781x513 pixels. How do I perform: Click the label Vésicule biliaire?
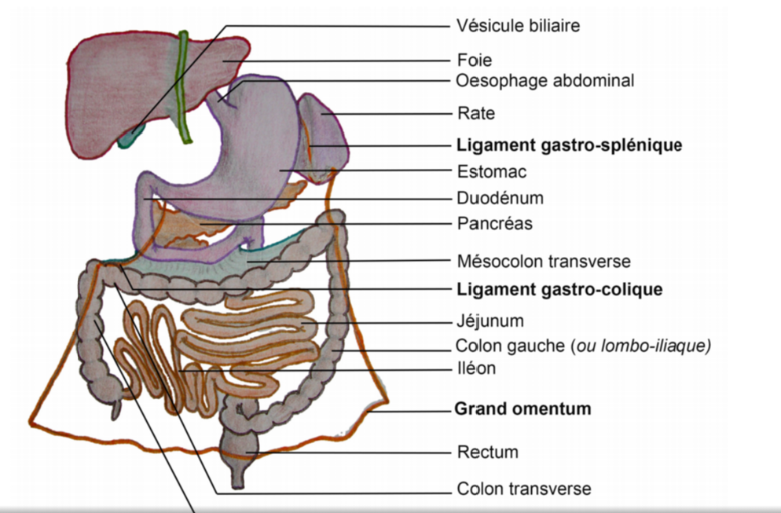(x=518, y=26)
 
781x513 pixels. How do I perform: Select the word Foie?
(x=475, y=59)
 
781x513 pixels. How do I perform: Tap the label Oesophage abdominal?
(x=544, y=80)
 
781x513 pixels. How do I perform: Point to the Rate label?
(x=476, y=113)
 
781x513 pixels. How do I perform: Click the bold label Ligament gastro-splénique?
(x=569, y=145)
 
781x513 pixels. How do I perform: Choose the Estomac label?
(x=491, y=171)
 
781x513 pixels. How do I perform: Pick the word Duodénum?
(x=500, y=198)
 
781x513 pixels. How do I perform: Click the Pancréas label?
(x=494, y=224)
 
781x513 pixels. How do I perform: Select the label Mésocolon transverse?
(x=544, y=261)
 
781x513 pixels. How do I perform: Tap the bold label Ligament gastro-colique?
(x=559, y=289)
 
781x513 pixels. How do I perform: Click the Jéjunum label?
(x=489, y=321)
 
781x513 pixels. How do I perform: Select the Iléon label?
(x=475, y=368)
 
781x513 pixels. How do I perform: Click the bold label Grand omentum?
(x=522, y=409)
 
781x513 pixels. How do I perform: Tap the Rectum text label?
(x=487, y=453)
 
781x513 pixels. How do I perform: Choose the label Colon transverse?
(x=523, y=489)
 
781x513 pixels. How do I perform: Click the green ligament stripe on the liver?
(x=184, y=86)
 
